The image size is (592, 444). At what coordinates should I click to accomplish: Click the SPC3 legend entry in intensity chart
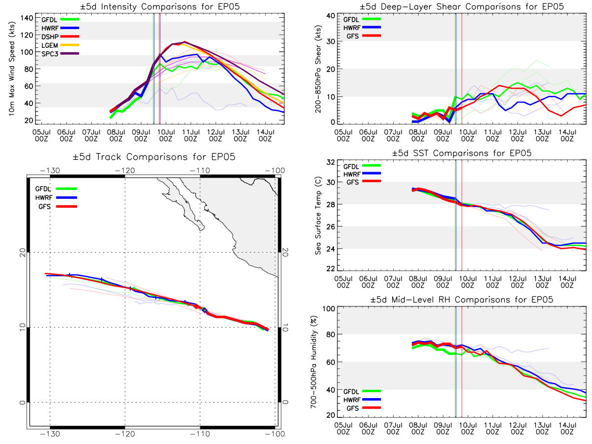(60, 54)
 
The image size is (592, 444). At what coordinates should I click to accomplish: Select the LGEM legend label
(50, 45)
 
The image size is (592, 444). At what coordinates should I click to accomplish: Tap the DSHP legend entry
(60, 37)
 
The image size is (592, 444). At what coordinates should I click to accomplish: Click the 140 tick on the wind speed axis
(27, 18)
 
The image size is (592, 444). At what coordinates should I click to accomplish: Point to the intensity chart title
(160, 6)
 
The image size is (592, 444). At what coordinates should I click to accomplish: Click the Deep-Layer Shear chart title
(461, 6)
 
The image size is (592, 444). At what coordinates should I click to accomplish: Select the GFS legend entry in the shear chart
(364, 36)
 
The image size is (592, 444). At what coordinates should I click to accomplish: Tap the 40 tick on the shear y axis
(331, 16)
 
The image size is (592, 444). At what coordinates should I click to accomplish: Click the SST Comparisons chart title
(461, 153)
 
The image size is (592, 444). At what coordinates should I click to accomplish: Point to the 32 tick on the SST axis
(331, 162)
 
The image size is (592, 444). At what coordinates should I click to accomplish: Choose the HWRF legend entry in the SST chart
(362, 174)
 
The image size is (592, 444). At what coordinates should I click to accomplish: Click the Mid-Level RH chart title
(461, 299)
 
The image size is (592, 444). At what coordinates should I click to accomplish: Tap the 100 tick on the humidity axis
(329, 309)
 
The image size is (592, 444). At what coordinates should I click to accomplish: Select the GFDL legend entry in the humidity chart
(362, 391)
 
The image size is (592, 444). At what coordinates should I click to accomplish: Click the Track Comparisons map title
(154, 157)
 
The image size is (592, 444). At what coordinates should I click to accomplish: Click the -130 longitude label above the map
(50, 171)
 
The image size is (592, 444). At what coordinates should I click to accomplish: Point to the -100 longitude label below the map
(275, 434)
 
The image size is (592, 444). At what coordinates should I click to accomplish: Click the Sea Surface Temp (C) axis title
(318, 216)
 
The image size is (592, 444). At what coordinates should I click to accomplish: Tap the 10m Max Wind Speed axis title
(12, 69)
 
